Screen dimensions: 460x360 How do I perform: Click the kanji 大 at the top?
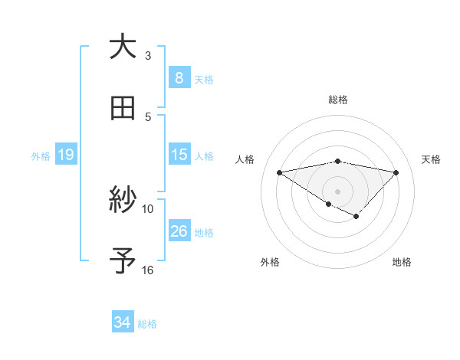click(123, 47)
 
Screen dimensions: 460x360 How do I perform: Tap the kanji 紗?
click(123, 201)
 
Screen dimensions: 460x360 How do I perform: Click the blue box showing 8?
click(179, 77)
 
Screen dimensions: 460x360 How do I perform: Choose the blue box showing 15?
click(179, 155)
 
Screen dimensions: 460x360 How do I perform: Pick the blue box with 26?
click(179, 231)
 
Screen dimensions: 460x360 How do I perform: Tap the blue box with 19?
click(65, 155)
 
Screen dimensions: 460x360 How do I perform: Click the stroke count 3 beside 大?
click(148, 55)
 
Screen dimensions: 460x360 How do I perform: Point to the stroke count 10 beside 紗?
click(148, 208)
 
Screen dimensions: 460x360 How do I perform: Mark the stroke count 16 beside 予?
click(148, 270)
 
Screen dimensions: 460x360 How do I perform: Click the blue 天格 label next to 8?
click(204, 79)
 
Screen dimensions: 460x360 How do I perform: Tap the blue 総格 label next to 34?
click(147, 324)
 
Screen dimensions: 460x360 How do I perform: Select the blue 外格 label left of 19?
click(41, 156)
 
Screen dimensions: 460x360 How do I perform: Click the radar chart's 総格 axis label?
click(337, 100)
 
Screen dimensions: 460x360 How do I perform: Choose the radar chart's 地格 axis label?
click(402, 262)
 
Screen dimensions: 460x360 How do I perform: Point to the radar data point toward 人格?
click(280, 172)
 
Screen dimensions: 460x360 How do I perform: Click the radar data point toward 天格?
click(396, 172)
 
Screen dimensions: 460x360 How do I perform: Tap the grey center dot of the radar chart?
click(337, 191)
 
